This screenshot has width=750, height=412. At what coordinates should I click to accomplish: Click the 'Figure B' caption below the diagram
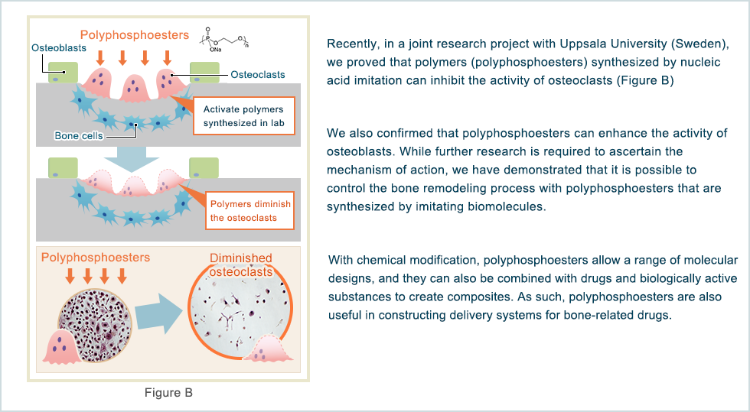(x=168, y=393)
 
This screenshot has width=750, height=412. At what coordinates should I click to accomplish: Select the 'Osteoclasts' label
(x=258, y=75)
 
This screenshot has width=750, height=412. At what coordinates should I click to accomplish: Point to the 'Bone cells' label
(x=78, y=136)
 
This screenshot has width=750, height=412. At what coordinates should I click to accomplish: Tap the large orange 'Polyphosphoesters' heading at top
(x=134, y=35)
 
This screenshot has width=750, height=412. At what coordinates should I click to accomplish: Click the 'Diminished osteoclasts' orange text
(x=241, y=266)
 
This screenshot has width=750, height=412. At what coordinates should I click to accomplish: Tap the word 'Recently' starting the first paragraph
(x=353, y=42)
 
